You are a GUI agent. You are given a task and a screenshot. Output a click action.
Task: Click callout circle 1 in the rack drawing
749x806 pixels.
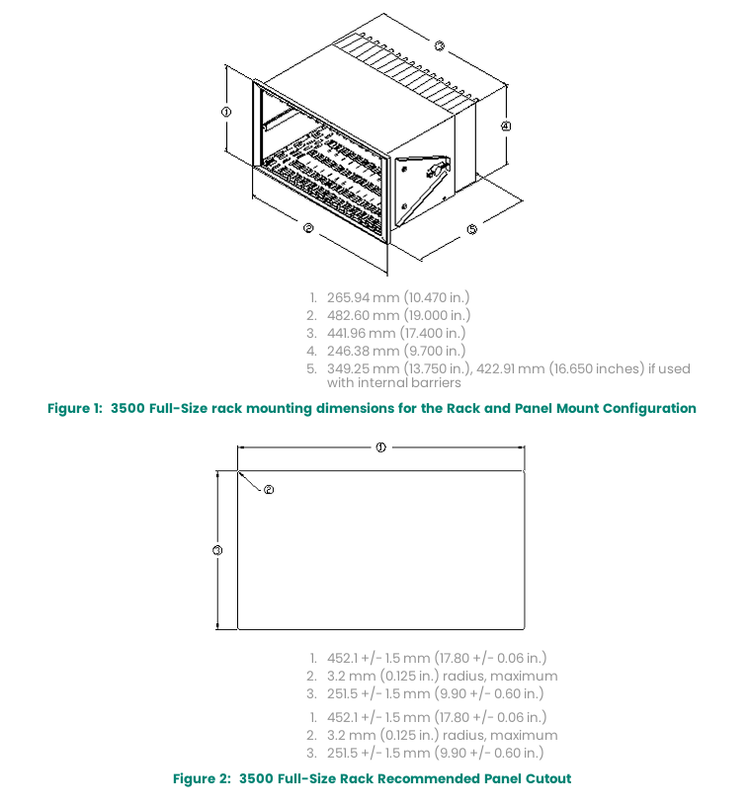226,113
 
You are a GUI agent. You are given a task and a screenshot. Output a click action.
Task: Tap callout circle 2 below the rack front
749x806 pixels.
308,228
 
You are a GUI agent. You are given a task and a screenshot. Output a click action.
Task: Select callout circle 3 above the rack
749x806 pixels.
440,45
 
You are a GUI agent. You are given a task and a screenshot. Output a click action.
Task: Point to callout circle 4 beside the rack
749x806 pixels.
505,126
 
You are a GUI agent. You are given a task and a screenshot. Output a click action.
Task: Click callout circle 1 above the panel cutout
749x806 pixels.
380,446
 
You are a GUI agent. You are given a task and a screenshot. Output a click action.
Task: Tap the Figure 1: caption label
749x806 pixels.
75,408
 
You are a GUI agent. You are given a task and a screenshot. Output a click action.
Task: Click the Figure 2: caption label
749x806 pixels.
203,778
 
